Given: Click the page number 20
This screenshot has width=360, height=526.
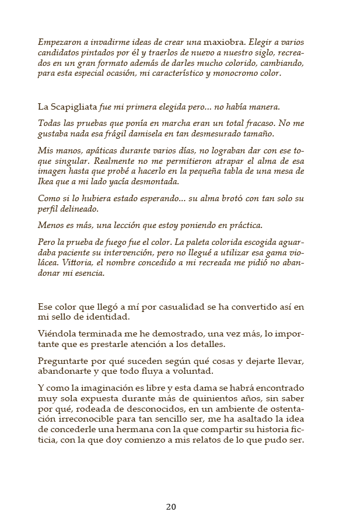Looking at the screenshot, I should [x=171, y=506].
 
